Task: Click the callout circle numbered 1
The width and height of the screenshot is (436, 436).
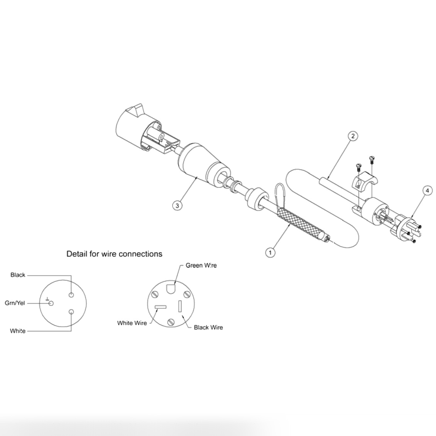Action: [270, 253]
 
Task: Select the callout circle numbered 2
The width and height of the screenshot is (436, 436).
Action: [352, 136]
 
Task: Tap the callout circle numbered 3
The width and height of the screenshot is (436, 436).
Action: [177, 205]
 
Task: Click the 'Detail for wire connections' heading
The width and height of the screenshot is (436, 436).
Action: [114, 254]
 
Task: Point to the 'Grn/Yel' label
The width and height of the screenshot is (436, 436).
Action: [15, 303]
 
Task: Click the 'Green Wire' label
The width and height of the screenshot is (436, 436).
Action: [201, 265]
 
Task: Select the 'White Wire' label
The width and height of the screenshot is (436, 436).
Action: [132, 323]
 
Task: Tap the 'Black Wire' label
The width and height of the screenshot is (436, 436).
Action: [208, 328]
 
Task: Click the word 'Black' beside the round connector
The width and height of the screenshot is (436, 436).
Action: [18, 275]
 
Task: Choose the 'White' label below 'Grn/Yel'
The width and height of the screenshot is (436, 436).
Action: [18, 331]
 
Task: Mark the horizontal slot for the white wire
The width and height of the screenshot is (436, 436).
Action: [161, 308]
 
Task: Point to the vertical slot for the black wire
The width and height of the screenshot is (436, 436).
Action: [180, 307]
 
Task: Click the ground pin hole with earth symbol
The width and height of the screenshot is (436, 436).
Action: [51, 303]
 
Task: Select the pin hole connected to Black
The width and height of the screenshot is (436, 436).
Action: [71, 295]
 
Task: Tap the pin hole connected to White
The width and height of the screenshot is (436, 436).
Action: [71, 312]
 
